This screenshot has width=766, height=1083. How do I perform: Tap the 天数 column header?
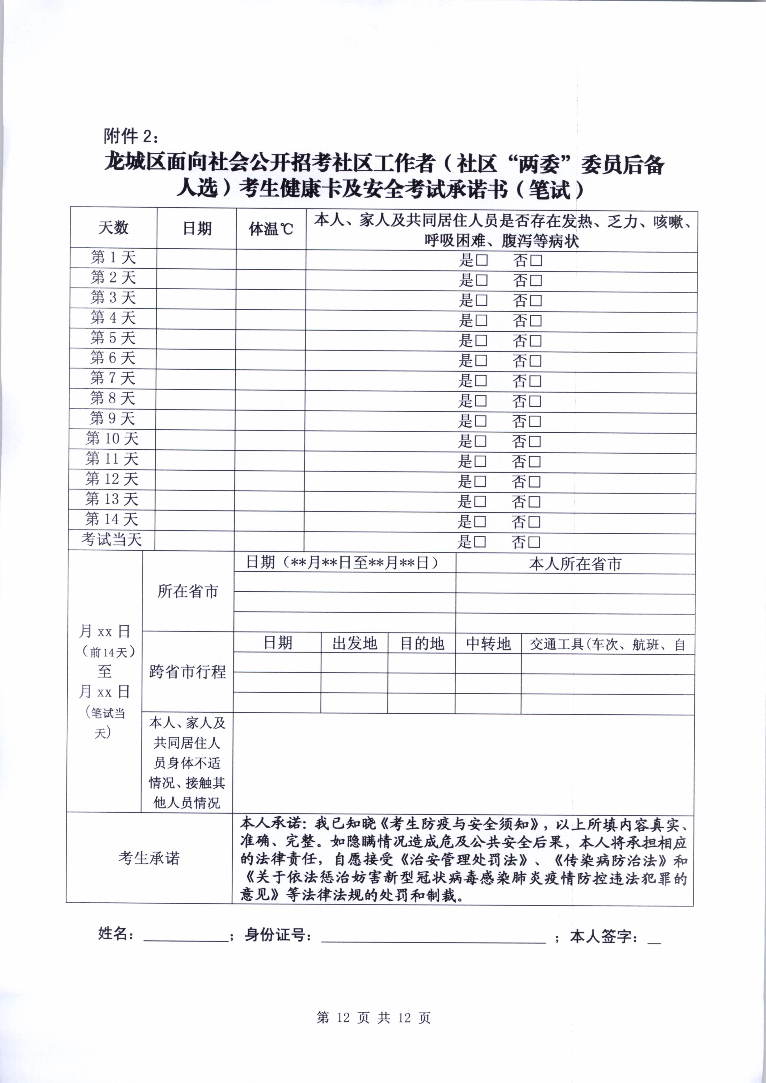tap(113, 228)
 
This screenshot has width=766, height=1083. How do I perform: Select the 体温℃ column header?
tap(271, 229)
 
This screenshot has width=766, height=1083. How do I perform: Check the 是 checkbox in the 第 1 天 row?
tap(482, 260)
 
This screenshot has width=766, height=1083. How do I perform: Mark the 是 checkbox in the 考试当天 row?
tap(480, 542)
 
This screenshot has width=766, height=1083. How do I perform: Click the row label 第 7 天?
tap(113, 378)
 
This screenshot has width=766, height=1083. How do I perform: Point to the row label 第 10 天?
tap(112, 438)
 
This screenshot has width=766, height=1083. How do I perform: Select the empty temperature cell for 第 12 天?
tap(269, 480)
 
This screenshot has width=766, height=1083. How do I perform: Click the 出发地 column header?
tap(354, 643)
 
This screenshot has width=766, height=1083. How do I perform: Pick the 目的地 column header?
tap(422, 643)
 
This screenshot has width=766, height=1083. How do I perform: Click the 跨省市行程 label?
tap(187, 672)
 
